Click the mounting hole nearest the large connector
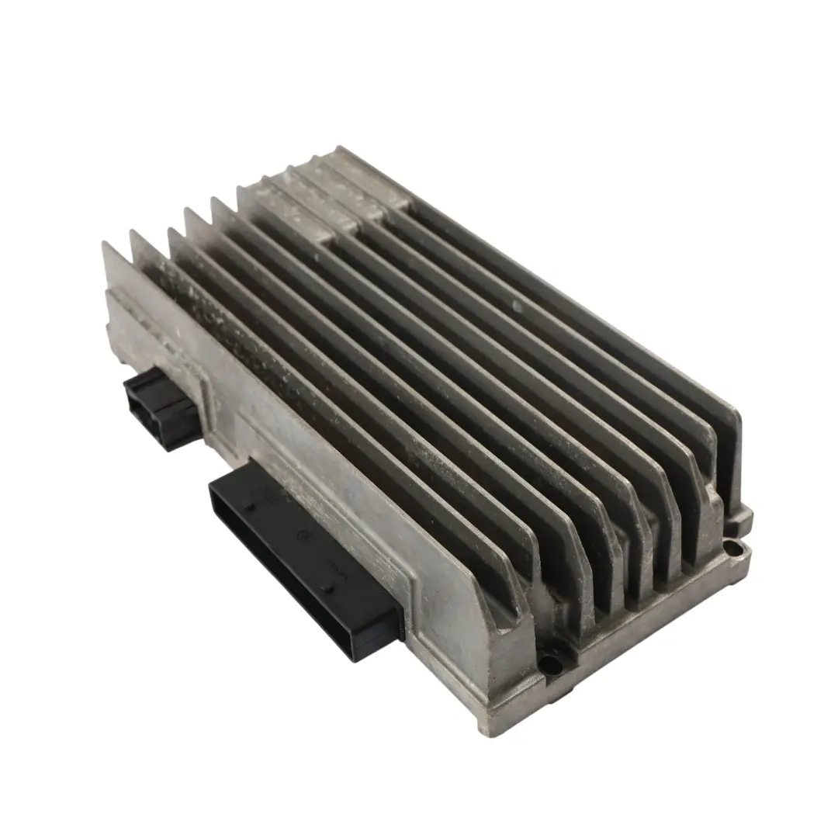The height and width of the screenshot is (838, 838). (552, 664)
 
